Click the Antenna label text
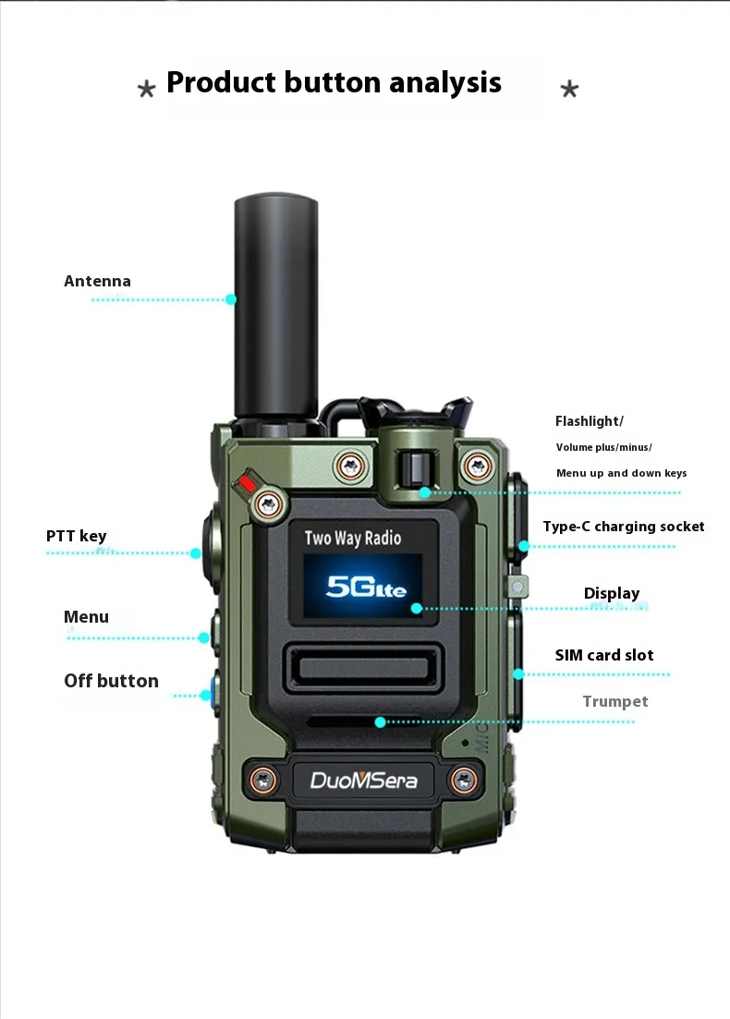pyautogui.click(x=97, y=282)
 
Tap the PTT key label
pyautogui.click(x=76, y=536)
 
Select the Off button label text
pyautogui.click(x=111, y=681)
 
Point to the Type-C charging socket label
pyautogui.click(x=624, y=527)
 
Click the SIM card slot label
pyautogui.click(x=604, y=655)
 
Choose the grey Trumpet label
pyautogui.click(x=614, y=702)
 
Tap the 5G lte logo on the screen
pyautogui.click(x=366, y=587)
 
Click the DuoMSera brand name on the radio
pyautogui.click(x=363, y=780)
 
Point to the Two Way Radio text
pyautogui.click(x=353, y=538)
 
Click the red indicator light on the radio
pyautogui.click(x=248, y=483)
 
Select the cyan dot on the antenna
pyautogui.click(x=231, y=299)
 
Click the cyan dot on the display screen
pyautogui.click(x=417, y=608)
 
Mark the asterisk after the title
pyautogui.click(x=569, y=89)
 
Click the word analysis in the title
pyautogui.click(x=445, y=83)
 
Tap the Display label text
pyautogui.click(x=612, y=593)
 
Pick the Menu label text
pyautogui.click(x=87, y=617)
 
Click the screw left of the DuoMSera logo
pyautogui.click(x=264, y=779)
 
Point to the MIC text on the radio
pyautogui.click(x=481, y=737)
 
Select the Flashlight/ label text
pyautogui.click(x=589, y=421)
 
